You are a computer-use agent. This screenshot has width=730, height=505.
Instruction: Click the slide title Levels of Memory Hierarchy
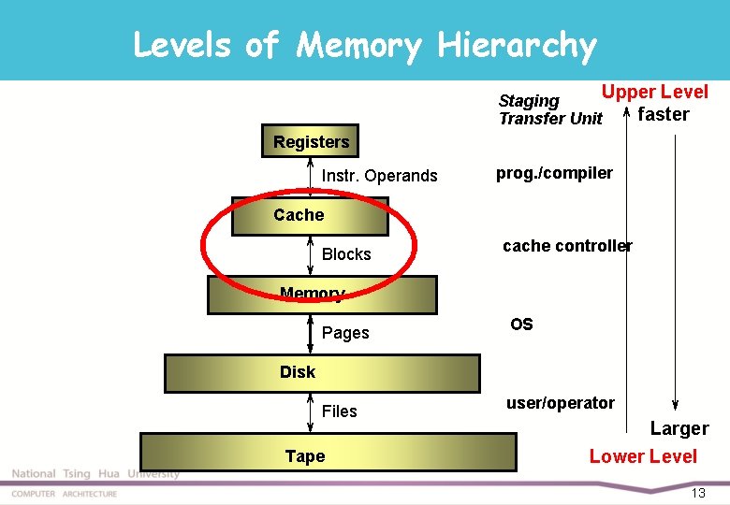[x=364, y=44]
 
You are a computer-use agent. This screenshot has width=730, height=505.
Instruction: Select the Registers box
[x=312, y=142]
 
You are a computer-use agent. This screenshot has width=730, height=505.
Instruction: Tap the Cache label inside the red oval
[x=299, y=215]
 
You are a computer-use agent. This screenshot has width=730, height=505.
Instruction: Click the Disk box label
[x=298, y=372]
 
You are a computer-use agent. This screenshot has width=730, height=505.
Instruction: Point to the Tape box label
[x=305, y=456]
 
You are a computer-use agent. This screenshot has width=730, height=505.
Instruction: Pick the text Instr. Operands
[x=379, y=176]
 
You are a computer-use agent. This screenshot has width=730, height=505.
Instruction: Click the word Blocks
[x=346, y=254]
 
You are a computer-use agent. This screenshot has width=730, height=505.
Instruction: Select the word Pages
[x=345, y=333]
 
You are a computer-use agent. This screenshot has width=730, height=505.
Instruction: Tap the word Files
[x=340, y=411]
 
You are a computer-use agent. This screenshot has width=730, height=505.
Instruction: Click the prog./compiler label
[x=554, y=173]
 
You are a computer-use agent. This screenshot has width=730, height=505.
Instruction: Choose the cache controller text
[x=567, y=246]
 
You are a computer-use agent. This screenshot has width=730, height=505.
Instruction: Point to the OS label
[x=521, y=325]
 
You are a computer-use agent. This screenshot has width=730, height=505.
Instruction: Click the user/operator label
[x=561, y=403]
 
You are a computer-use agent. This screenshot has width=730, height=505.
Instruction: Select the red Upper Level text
[x=654, y=92]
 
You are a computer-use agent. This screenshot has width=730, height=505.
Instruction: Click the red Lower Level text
[x=643, y=456]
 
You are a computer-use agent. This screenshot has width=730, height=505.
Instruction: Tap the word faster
[x=663, y=115]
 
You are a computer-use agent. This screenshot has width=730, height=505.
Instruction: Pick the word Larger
[x=679, y=429]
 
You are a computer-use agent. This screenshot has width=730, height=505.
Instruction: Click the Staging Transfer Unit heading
[x=550, y=109]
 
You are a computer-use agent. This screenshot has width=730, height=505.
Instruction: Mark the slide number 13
[x=697, y=493]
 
